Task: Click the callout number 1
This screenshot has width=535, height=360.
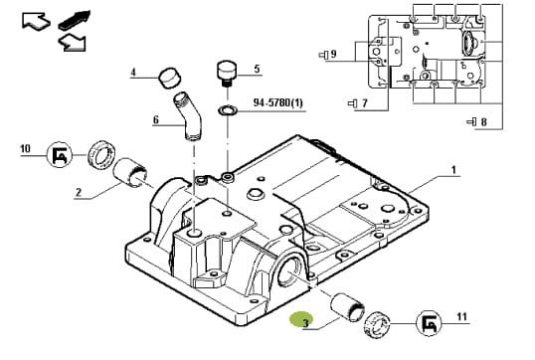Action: pos(453,170)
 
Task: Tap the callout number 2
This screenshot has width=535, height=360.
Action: pos(79,193)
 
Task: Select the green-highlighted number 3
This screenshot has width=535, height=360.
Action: pos(305,322)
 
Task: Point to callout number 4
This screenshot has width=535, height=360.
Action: pos(133,73)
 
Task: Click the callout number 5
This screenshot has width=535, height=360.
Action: pos(257,69)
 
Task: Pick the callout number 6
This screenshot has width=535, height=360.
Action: pos(156,119)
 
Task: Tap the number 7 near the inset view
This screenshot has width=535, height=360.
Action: pos(364,102)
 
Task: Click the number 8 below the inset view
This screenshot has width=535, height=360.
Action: pos(483,121)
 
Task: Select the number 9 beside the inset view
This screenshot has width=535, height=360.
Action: pos(333,54)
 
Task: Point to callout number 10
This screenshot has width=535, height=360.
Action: pos(25,149)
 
